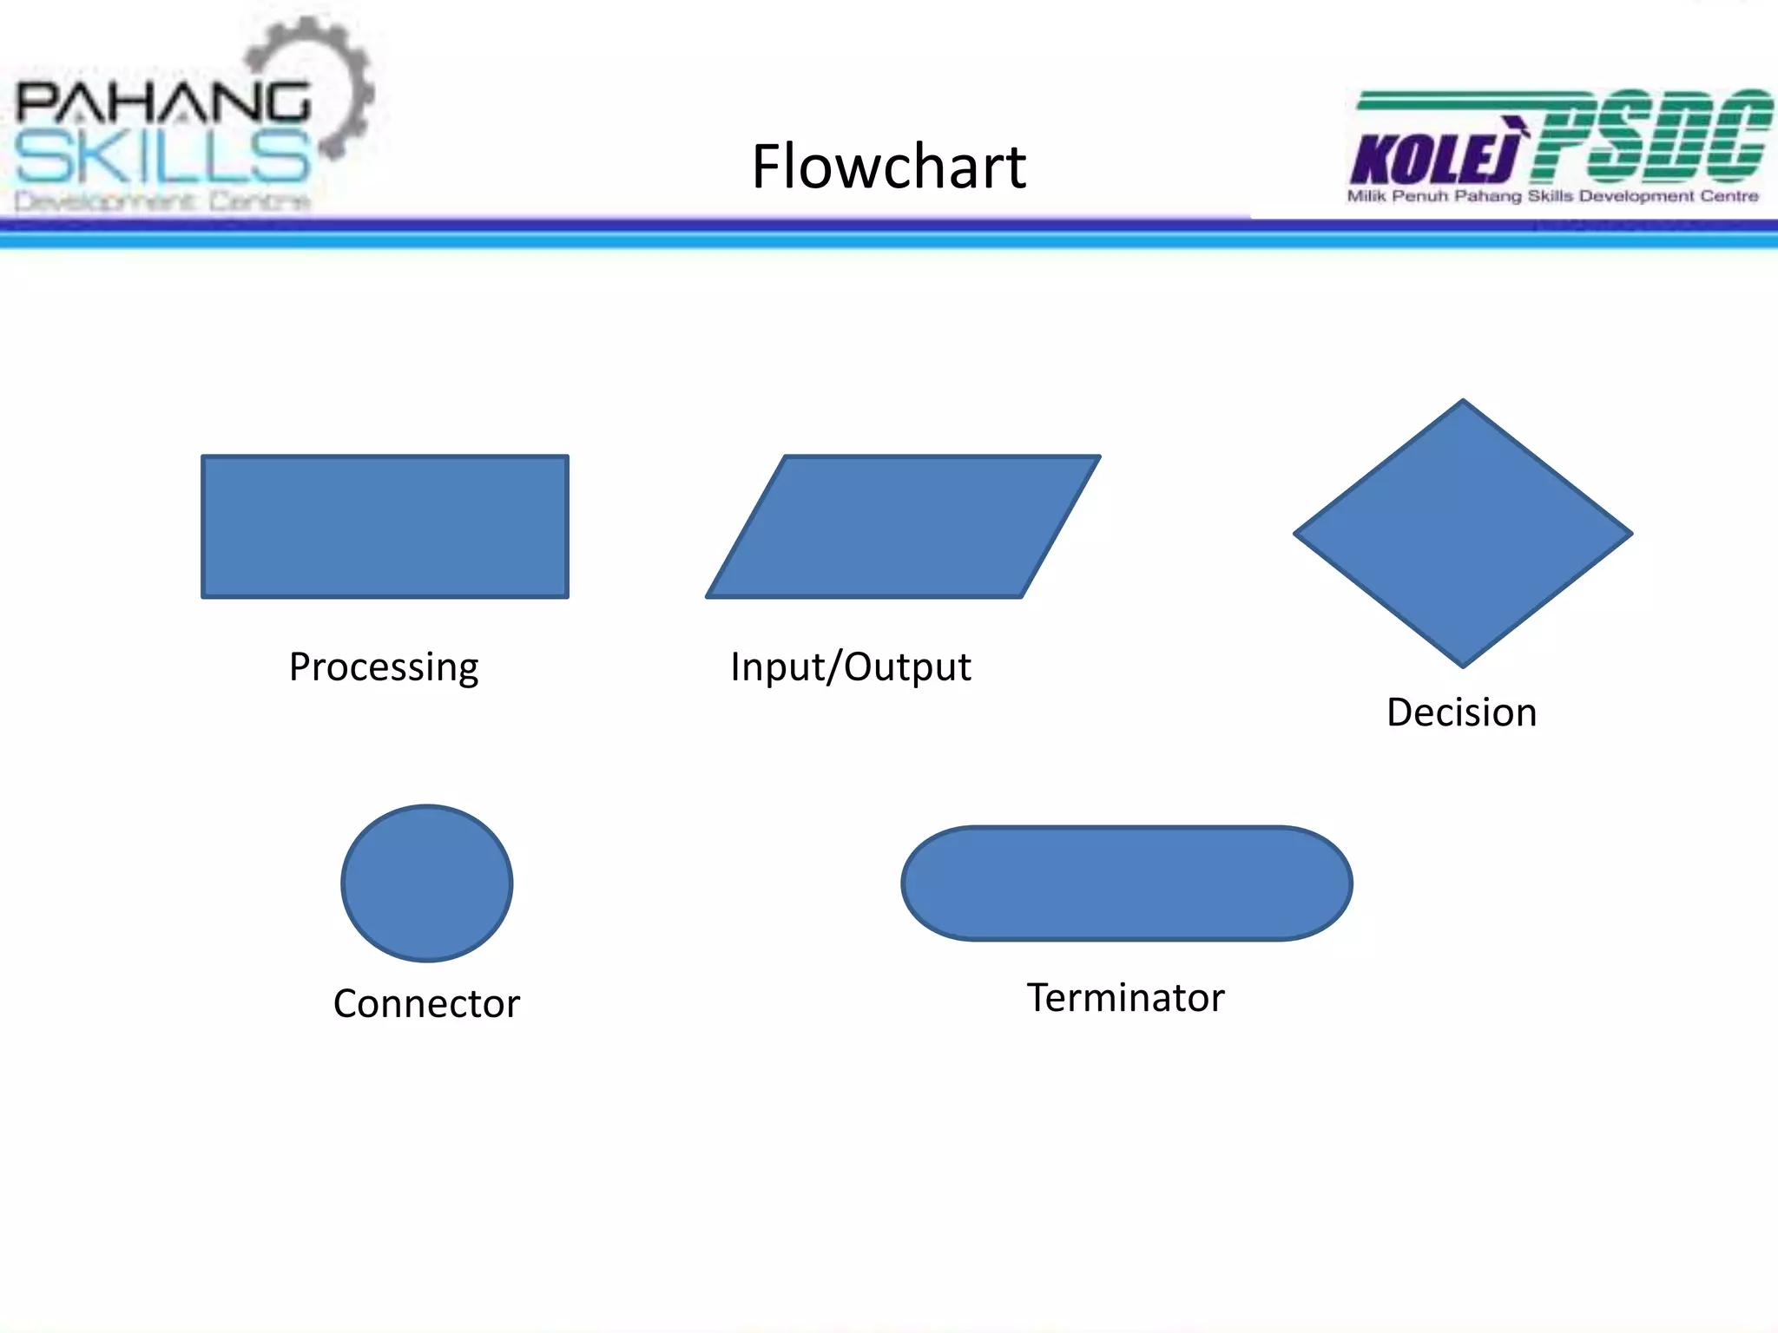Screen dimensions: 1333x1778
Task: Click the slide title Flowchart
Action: pos(888,167)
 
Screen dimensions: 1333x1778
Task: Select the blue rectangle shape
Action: pos(385,527)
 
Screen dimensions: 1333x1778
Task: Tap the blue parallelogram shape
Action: pos(903,527)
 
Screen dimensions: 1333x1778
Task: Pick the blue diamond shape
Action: pos(1463,534)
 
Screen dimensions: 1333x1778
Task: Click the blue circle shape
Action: pos(426,883)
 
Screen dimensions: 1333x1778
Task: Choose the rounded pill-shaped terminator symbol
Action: pos(1126,883)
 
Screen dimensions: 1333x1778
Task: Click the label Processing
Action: pos(384,667)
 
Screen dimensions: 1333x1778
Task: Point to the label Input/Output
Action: pos(850,667)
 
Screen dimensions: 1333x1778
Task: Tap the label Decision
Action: pos(1461,712)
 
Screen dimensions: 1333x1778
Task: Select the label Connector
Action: pos(426,1004)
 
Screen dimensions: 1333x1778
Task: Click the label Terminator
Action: pos(1125,998)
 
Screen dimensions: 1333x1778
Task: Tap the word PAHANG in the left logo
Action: pos(162,102)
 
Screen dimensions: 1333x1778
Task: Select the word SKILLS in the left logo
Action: pos(162,157)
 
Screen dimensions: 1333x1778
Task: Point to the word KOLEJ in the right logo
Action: pos(1435,159)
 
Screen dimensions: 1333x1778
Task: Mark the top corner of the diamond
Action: pos(1463,401)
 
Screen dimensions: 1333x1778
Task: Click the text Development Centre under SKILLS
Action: pos(162,201)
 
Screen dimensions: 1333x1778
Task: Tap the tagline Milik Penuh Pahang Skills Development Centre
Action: pos(1552,196)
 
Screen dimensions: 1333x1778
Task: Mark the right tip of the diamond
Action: pos(1630,534)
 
